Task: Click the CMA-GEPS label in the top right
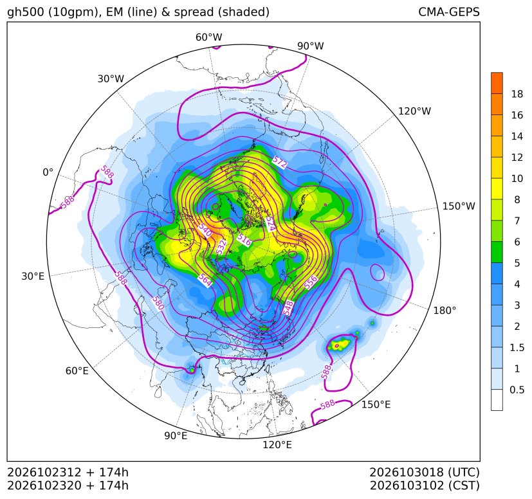[x=449, y=12]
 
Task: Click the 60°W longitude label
[x=208, y=37]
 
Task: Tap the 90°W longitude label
[x=311, y=46]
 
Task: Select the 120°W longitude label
[x=414, y=111]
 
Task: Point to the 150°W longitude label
[x=459, y=206]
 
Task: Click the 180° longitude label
[x=445, y=311]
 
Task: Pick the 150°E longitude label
[x=376, y=404]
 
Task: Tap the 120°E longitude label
[x=277, y=444]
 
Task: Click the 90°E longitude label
[x=176, y=435]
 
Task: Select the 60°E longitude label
[x=77, y=370]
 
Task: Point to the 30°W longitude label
[x=111, y=78]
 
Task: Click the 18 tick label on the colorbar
[x=517, y=94]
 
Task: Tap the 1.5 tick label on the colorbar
[x=517, y=347]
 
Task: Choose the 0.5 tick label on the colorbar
[x=517, y=390]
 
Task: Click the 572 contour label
[x=280, y=163]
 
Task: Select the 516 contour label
[x=244, y=239]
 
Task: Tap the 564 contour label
[x=205, y=280]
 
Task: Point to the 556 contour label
[x=311, y=282]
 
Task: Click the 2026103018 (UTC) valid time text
[x=425, y=472]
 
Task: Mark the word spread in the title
[x=194, y=13]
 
